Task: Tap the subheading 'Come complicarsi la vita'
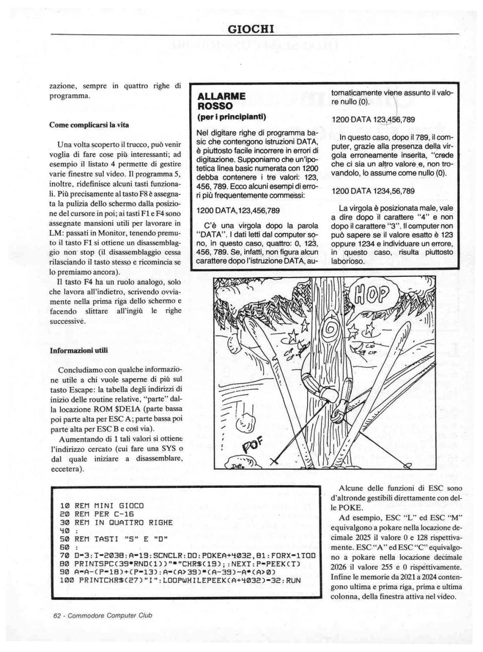[89, 125]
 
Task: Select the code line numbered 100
[180, 579]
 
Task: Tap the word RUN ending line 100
[293, 579]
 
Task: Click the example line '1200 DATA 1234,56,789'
[373, 191]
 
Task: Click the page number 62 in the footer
[58, 615]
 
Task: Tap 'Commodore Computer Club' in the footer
[111, 615]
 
